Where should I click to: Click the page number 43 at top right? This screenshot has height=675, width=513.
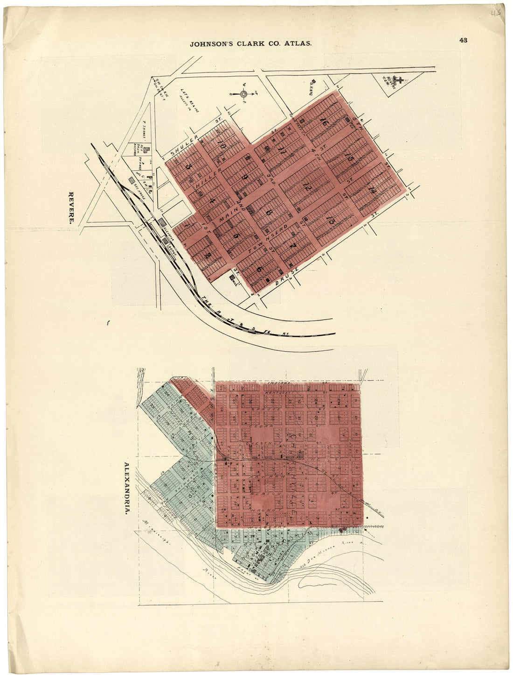(463, 40)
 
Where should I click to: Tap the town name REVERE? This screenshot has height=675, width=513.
(72, 208)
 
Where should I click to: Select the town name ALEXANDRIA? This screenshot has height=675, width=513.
(126, 488)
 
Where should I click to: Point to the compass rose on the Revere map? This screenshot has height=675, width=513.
(243, 94)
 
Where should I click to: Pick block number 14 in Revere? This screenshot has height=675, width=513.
(372, 190)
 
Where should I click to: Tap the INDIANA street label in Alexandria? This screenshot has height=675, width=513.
(278, 384)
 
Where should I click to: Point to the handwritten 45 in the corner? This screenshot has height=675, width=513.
(496, 13)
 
